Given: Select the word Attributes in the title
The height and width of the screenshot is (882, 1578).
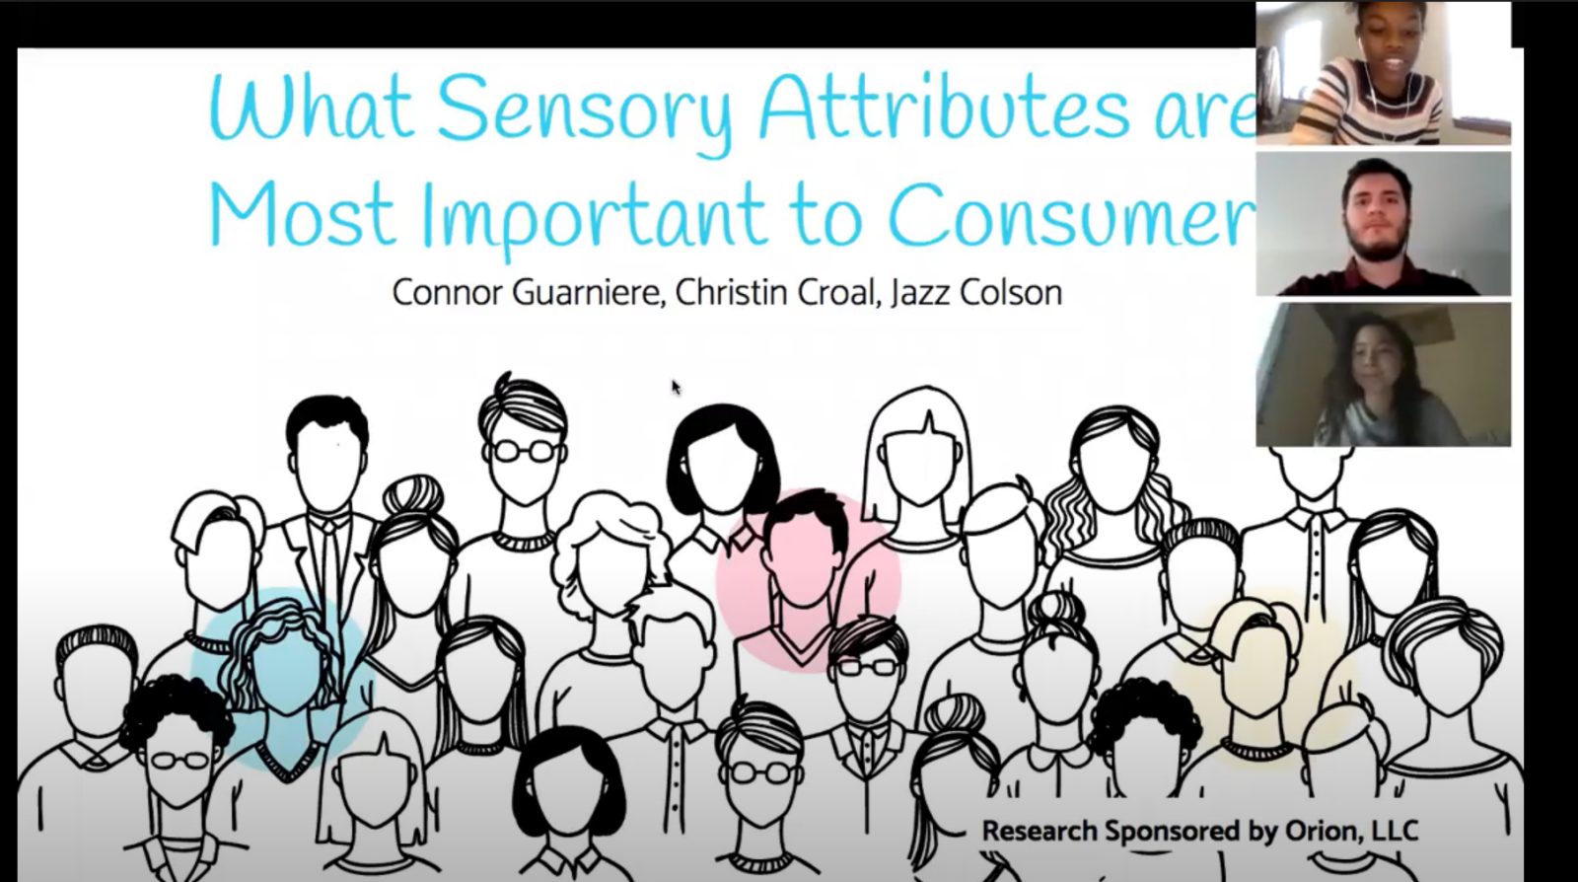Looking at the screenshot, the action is click(945, 106).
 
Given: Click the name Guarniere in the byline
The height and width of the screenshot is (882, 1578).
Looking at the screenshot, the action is click(588, 293).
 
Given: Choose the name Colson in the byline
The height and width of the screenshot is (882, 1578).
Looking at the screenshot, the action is click(1011, 292).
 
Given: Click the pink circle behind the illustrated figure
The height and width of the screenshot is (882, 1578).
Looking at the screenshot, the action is click(808, 579).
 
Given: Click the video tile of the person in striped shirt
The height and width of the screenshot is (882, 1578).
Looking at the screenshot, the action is click(1383, 73).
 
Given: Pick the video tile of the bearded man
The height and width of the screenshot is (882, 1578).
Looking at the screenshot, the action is click(1383, 224).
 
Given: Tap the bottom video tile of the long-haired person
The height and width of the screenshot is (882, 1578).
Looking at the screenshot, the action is click(1383, 375).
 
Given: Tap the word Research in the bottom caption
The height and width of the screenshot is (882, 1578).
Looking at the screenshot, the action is click(1040, 832).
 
